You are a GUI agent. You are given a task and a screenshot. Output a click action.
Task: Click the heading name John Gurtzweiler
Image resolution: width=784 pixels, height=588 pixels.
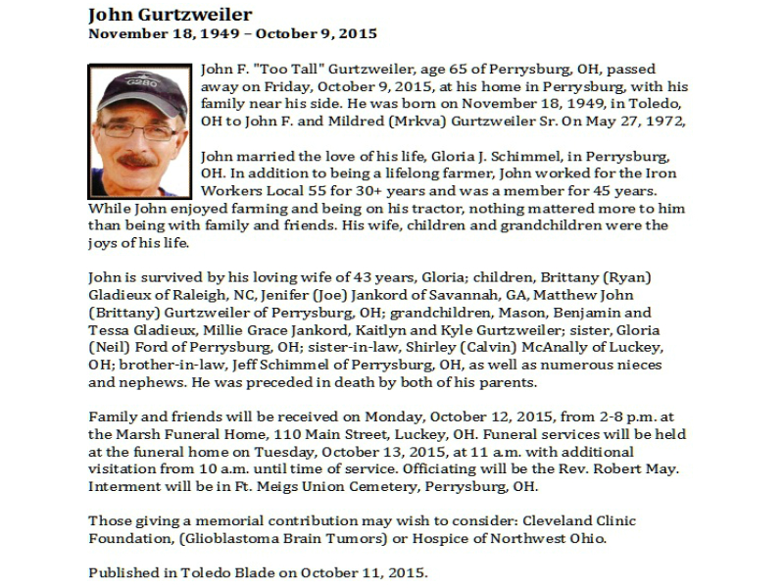tap(170, 15)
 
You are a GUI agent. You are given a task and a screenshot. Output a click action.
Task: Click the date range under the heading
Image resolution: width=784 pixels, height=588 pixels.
tap(232, 33)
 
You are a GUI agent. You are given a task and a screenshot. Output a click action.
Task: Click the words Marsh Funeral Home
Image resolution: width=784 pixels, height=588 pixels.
tap(180, 434)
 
